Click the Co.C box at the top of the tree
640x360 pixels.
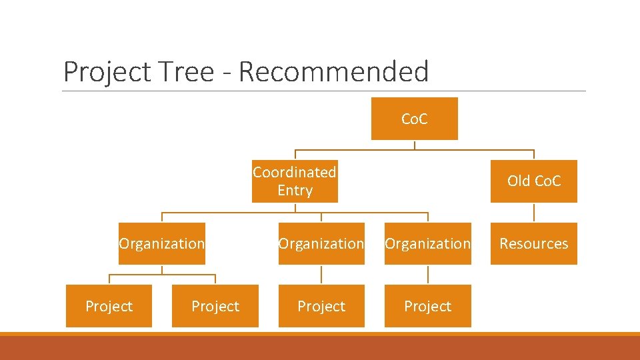(x=414, y=119)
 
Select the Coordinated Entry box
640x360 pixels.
(x=295, y=181)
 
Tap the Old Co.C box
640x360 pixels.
(x=533, y=181)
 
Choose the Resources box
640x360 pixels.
(x=533, y=243)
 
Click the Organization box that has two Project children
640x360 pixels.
(x=162, y=243)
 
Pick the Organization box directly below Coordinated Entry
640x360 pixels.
(x=321, y=243)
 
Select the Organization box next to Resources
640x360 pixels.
(x=427, y=243)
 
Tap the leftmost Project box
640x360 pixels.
(x=109, y=306)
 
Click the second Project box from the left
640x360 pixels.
(x=215, y=306)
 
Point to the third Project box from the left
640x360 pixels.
(x=321, y=306)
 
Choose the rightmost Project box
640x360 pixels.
(x=427, y=306)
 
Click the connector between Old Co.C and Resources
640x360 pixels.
(x=534, y=212)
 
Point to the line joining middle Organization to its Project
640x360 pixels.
(x=321, y=275)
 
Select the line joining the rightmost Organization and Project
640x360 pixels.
(x=427, y=275)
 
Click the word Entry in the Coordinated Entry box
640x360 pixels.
(x=295, y=191)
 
